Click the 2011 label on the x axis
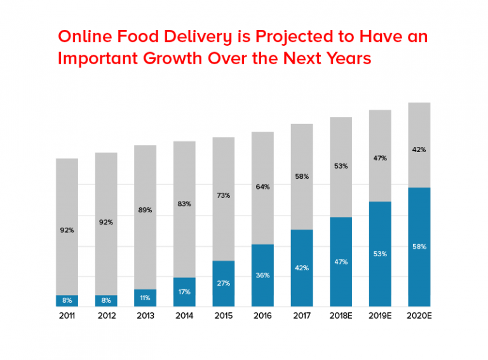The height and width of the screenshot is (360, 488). click(x=67, y=315)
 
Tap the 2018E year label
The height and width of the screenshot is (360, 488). click(x=341, y=315)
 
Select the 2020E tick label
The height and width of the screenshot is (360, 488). click(x=419, y=315)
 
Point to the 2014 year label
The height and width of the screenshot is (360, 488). click(x=184, y=315)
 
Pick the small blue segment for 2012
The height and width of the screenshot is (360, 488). click(x=106, y=301)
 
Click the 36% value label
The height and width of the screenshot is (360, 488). click(x=262, y=275)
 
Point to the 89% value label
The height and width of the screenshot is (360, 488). click(x=145, y=210)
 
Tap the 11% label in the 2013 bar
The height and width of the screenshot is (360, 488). click(x=145, y=298)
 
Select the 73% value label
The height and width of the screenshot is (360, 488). click(x=223, y=195)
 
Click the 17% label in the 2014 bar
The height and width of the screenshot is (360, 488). click(x=184, y=292)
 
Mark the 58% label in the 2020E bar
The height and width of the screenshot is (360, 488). click(x=419, y=246)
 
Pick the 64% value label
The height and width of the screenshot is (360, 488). click(x=262, y=187)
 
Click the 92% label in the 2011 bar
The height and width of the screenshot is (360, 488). click(x=67, y=230)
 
